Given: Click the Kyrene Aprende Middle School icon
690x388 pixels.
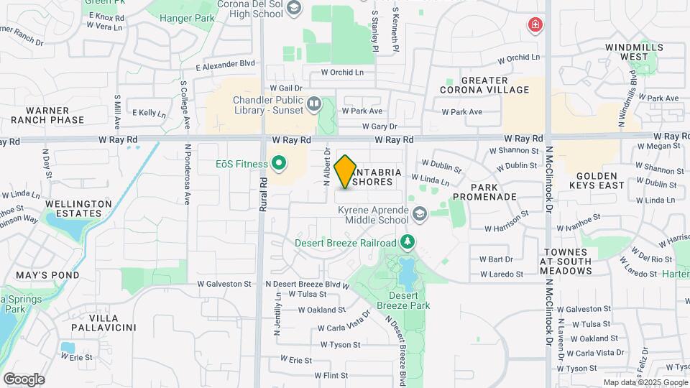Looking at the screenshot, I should [x=419, y=213].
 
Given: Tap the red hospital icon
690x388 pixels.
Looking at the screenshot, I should [x=535, y=27].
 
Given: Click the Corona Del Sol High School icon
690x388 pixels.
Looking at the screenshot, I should [x=293, y=9].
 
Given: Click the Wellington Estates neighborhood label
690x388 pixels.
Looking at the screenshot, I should [x=79, y=208].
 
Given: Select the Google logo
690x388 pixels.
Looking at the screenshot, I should [x=24, y=379].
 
